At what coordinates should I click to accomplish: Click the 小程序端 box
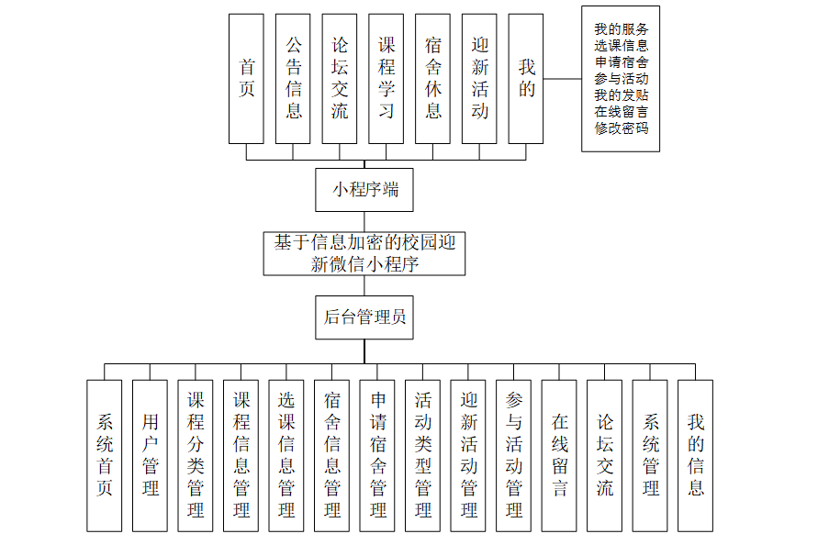[x=364, y=191]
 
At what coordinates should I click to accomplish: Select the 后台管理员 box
[x=364, y=317]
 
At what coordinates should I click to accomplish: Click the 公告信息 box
[x=293, y=79]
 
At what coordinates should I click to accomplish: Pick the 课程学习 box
[x=386, y=79]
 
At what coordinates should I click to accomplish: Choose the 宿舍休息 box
[x=433, y=79]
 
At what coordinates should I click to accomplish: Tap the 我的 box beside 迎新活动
[x=526, y=79]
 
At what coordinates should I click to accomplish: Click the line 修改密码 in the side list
[x=622, y=128]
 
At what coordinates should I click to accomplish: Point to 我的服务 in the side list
[x=622, y=28]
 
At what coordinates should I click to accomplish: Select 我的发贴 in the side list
[x=622, y=95]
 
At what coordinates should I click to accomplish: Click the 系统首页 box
[x=105, y=455]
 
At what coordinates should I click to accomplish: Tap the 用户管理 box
[x=150, y=455]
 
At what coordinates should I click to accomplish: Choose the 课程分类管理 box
[x=196, y=455]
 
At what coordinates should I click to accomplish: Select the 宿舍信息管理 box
[x=332, y=455]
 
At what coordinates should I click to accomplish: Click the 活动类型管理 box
[x=423, y=455]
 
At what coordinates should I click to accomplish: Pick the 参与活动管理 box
[x=514, y=455]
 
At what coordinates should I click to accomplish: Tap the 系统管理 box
[x=651, y=455]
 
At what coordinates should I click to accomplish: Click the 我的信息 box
[x=696, y=455]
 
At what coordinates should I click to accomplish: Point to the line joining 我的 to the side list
[x=562, y=79]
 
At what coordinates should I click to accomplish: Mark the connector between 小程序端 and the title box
[x=364, y=222]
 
